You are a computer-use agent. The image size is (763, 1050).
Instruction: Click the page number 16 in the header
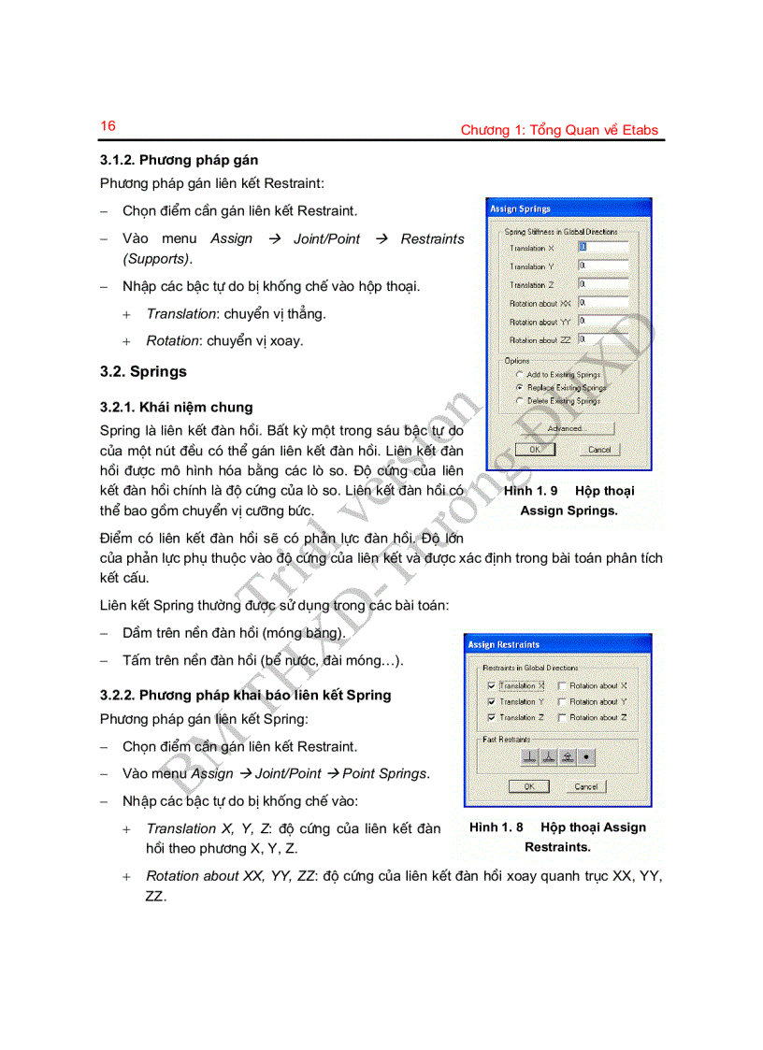click(x=108, y=126)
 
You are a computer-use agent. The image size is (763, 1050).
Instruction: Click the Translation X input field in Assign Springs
click(x=603, y=248)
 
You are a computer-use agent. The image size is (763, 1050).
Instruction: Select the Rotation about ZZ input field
click(x=603, y=339)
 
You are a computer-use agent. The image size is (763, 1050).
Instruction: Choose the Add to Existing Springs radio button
click(x=519, y=374)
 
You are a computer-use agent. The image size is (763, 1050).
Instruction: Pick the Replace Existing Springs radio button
click(x=519, y=387)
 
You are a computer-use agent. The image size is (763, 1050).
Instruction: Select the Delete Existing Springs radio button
click(x=519, y=400)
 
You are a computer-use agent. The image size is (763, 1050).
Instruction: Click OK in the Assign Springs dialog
click(x=535, y=449)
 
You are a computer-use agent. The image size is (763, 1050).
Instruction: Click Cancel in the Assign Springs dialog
click(x=598, y=449)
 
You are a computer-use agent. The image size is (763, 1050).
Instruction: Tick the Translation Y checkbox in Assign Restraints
click(x=491, y=701)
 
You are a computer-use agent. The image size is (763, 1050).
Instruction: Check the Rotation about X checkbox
click(x=561, y=685)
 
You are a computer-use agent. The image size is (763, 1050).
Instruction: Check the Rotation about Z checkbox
click(x=561, y=717)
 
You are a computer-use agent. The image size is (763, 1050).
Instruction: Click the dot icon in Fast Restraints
click(x=586, y=757)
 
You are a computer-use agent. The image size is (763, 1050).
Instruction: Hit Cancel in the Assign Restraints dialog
click(x=586, y=786)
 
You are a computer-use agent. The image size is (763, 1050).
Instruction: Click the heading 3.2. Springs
click(x=143, y=371)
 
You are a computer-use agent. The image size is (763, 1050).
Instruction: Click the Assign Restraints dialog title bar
click(x=557, y=644)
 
